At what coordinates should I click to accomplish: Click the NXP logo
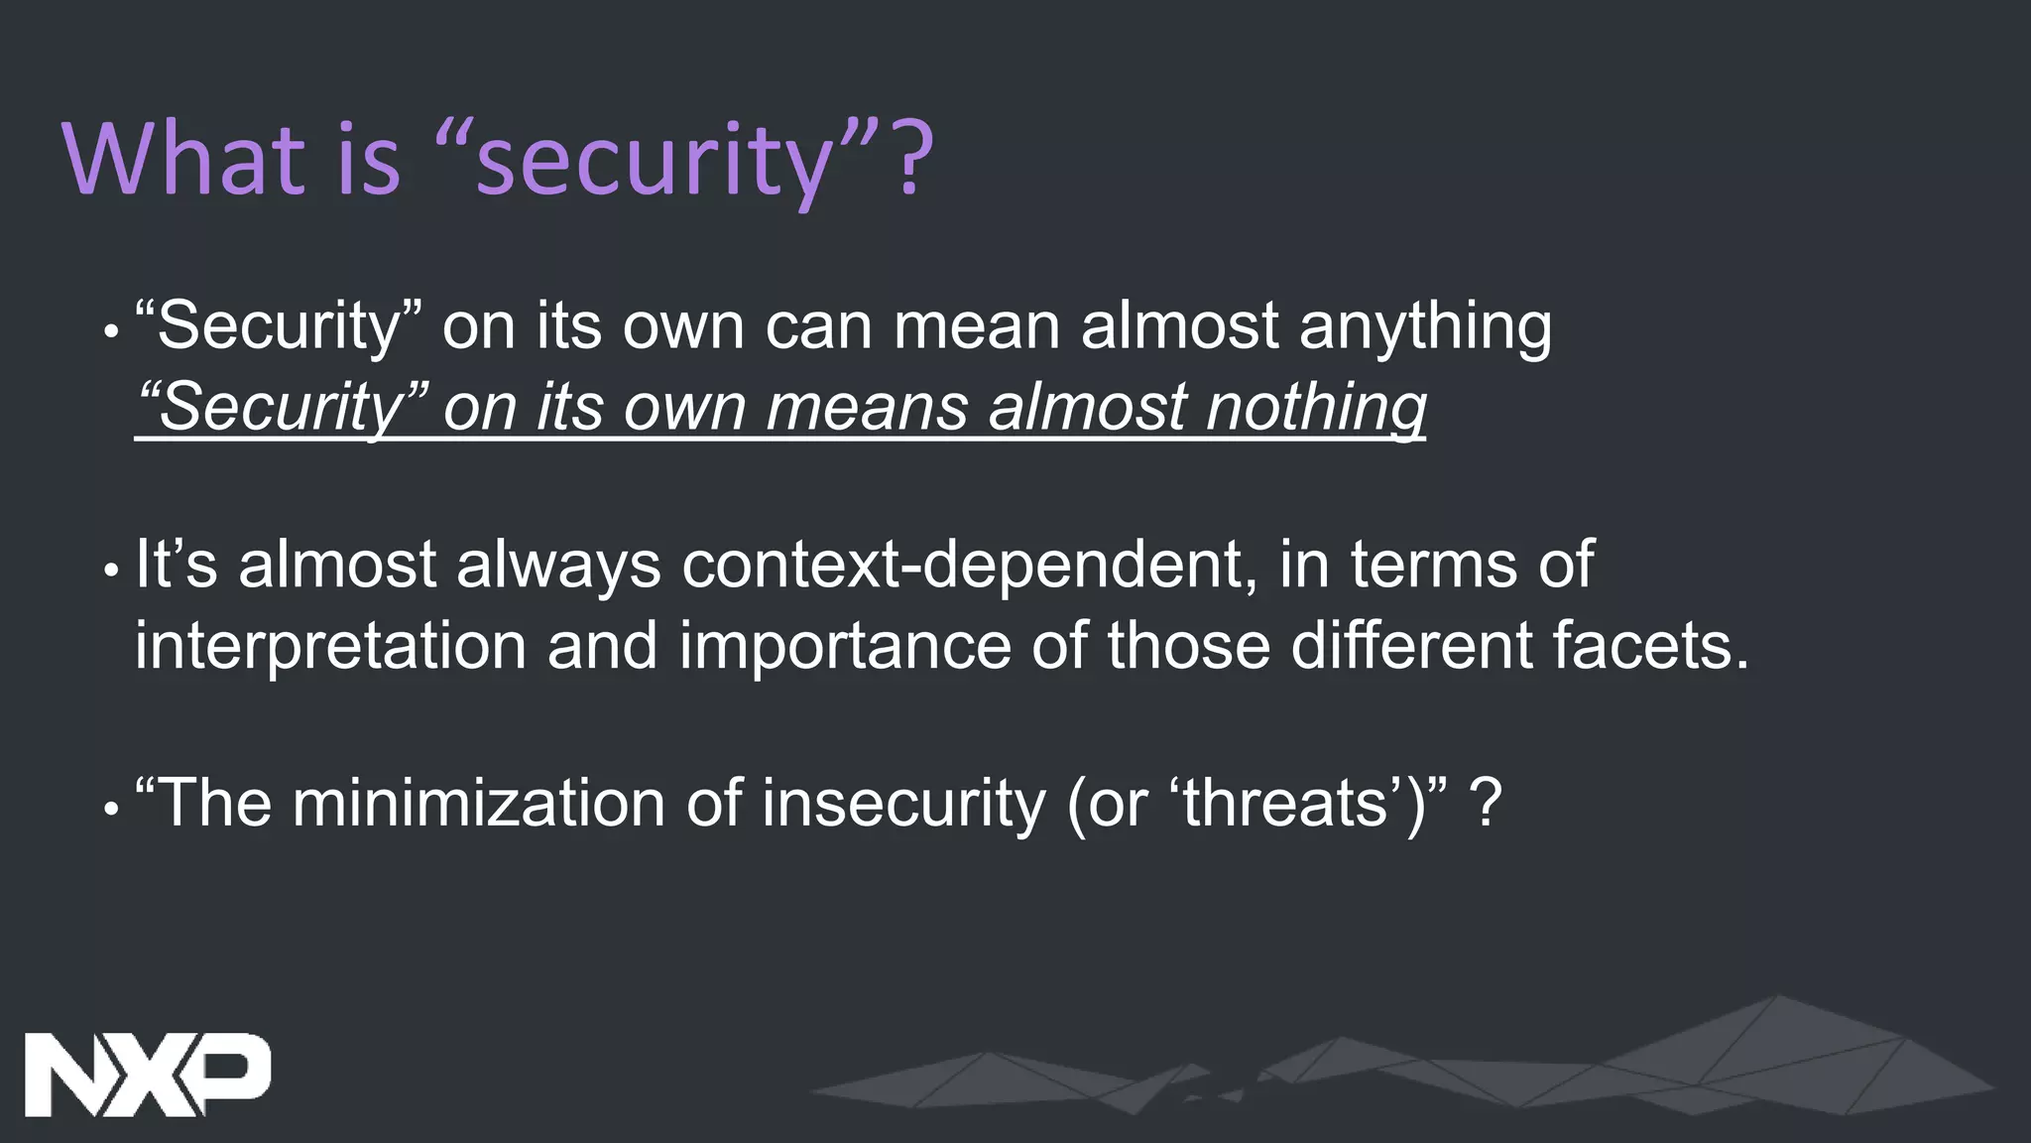(147, 1075)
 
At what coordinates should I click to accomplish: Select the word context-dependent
(962, 567)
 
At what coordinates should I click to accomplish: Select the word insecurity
(903, 804)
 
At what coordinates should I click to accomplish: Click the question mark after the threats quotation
(1487, 804)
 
